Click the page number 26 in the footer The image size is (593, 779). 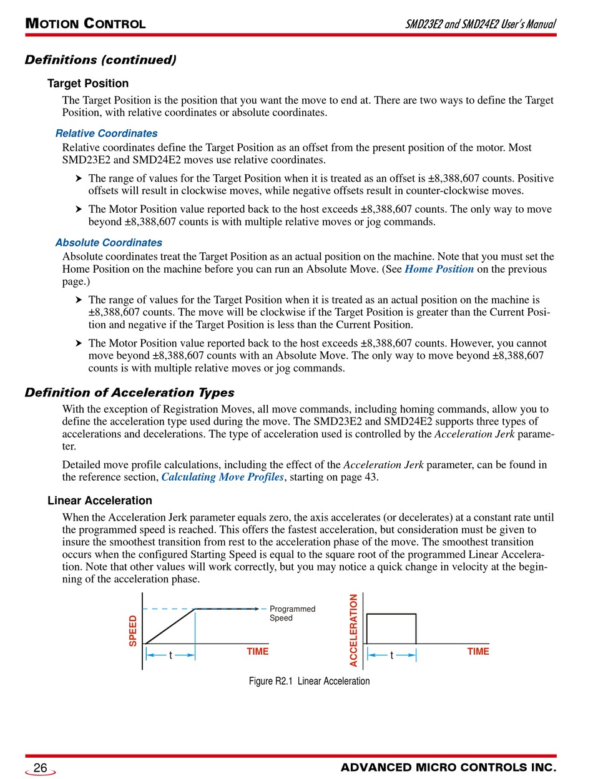(x=41, y=768)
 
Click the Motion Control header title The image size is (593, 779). (x=86, y=24)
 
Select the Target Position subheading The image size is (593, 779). (x=88, y=84)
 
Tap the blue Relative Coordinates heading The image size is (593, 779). (x=106, y=134)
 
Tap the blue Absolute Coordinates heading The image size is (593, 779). (x=109, y=243)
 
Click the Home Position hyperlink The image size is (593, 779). (x=439, y=269)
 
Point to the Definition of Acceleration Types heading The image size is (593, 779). (x=129, y=393)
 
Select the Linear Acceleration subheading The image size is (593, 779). (x=100, y=501)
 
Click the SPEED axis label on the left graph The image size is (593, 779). (x=133, y=631)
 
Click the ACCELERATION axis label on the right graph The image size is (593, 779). (x=354, y=630)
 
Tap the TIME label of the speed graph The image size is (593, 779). (x=257, y=652)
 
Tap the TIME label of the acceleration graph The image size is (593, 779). (x=478, y=652)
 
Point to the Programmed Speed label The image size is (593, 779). (x=292, y=613)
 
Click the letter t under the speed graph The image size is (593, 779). (x=170, y=655)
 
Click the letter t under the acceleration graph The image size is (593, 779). (x=391, y=655)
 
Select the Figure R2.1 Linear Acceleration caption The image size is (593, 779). (x=309, y=681)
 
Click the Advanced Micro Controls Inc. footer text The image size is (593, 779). (x=448, y=768)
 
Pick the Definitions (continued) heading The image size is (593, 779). (x=100, y=60)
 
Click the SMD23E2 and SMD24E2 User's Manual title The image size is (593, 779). (x=480, y=24)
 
